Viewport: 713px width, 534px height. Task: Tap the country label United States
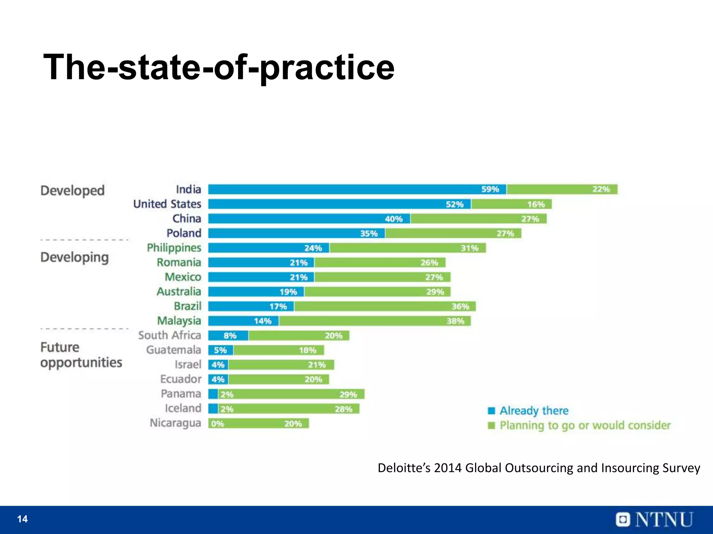(x=167, y=204)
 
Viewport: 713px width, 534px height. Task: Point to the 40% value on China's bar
(x=394, y=219)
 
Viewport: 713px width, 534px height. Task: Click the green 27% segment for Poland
(x=453, y=233)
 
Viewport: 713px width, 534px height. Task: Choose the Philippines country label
(x=174, y=248)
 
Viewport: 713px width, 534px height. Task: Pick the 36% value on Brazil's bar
(x=460, y=307)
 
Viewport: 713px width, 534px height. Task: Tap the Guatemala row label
(x=173, y=350)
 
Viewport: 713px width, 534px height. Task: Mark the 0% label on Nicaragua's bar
(x=218, y=424)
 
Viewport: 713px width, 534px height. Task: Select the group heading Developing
(x=75, y=258)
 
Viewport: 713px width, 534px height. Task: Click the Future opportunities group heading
(x=81, y=355)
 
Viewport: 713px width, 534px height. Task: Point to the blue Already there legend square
(x=491, y=411)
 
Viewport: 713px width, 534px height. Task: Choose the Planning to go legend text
(x=585, y=426)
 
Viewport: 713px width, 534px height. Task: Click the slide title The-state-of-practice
(x=219, y=67)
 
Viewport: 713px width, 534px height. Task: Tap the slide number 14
(x=22, y=519)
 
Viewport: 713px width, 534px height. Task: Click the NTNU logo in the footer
(x=655, y=520)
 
